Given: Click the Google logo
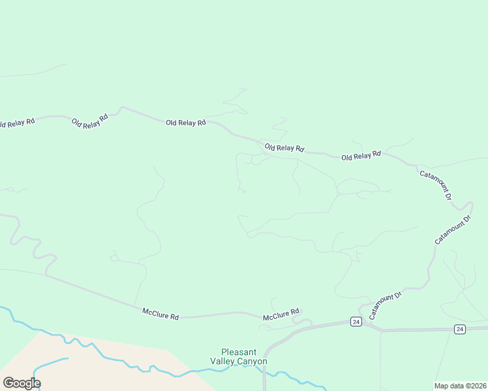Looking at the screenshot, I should pos(22,383).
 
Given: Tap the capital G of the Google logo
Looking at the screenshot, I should pos(8,383).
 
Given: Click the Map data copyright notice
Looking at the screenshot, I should pos(460,386).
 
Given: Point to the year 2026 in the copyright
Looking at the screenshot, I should pos(478,386).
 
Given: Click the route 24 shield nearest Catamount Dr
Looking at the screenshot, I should pos(355,321).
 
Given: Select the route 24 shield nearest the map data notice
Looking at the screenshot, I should pos(459,329).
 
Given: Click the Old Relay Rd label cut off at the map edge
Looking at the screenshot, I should pos(17,123).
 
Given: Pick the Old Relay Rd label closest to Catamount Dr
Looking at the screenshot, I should pos(361,156).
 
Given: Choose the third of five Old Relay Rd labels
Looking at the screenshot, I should pos(186,123).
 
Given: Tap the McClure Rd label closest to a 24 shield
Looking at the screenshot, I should pos(281,315).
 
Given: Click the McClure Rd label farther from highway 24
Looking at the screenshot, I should pos(160,314).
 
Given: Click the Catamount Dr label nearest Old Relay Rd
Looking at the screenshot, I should pos(436,184).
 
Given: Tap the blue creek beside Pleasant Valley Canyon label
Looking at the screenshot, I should pos(196,372).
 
